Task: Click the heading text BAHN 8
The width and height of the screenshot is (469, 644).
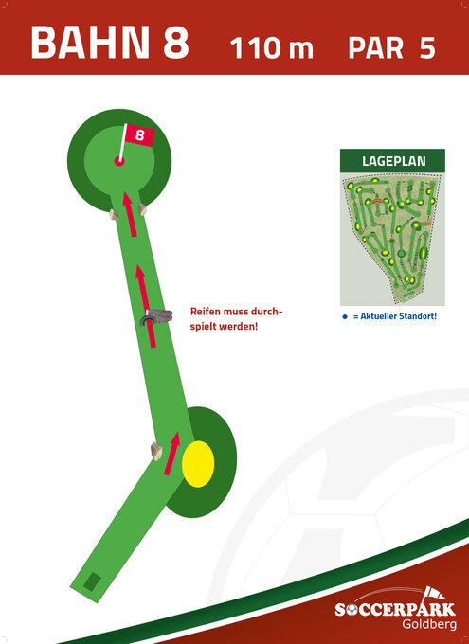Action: (x=110, y=43)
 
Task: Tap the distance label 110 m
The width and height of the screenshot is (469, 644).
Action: (x=272, y=47)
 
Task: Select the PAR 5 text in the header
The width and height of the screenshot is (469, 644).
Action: (x=391, y=47)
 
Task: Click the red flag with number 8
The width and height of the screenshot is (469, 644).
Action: (x=140, y=135)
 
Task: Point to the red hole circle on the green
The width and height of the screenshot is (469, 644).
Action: (x=119, y=161)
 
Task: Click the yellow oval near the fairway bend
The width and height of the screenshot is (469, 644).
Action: (x=198, y=464)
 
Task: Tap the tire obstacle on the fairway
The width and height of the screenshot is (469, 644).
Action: (x=155, y=317)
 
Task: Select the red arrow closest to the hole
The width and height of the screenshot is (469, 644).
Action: (x=130, y=214)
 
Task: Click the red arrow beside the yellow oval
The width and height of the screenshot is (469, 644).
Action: (x=172, y=454)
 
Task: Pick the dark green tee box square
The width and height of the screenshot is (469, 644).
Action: (x=93, y=581)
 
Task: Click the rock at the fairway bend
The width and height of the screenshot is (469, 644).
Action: (x=156, y=452)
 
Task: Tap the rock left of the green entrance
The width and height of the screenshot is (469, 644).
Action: (x=114, y=214)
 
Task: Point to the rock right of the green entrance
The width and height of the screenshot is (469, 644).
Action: (x=143, y=209)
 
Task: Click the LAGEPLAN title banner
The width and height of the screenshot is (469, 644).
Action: (x=392, y=161)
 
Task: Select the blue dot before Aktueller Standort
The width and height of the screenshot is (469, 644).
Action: (x=345, y=316)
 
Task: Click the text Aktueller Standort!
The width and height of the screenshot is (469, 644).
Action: (x=394, y=316)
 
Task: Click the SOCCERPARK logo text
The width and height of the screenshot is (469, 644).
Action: (x=395, y=610)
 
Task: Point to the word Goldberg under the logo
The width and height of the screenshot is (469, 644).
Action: (x=429, y=625)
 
